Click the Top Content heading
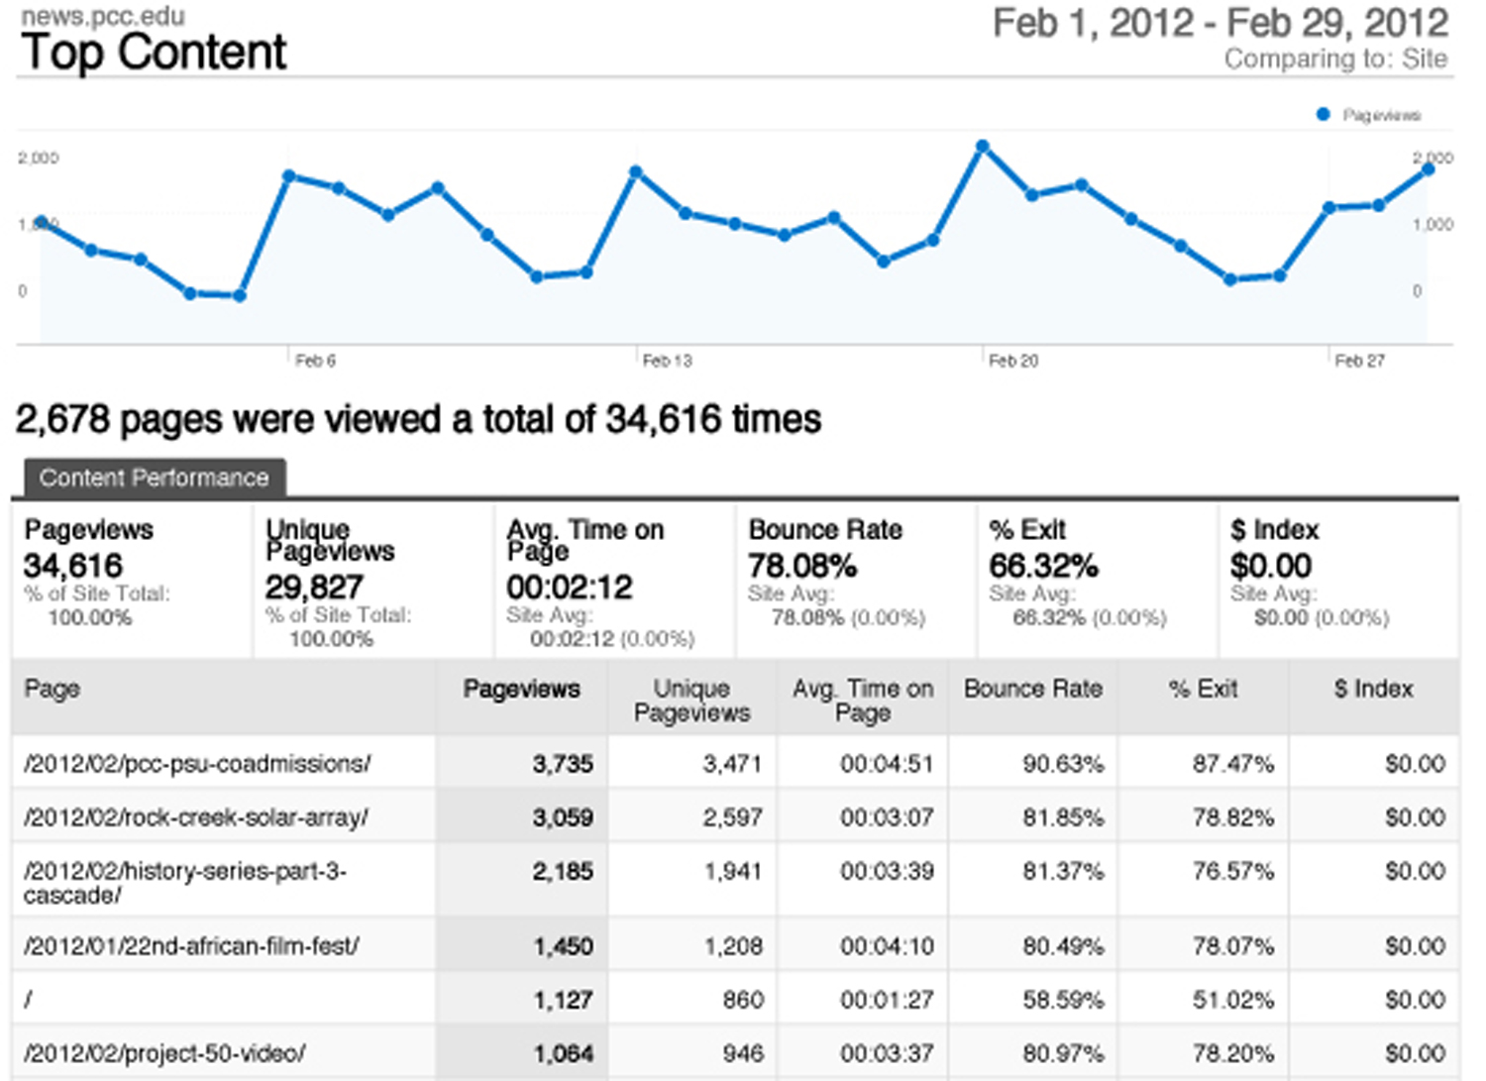pyautogui.click(x=154, y=53)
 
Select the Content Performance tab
pyautogui.click(x=154, y=478)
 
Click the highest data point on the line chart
pyautogui.click(x=983, y=147)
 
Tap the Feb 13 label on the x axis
pyautogui.click(x=667, y=361)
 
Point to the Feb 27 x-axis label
pyautogui.click(x=1359, y=361)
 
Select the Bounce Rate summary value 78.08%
pyautogui.click(x=802, y=566)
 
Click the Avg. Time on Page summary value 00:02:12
pyautogui.click(x=569, y=588)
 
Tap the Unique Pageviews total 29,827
pyautogui.click(x=314, y=588)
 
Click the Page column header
pyautogui.click(x=53, y=689)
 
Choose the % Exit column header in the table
pyautogui.click(x=1203, y=689)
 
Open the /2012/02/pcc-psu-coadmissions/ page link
pyautogui.click(x=197, y=764)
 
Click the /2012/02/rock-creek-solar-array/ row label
pyautogui.click(x=196, y=817)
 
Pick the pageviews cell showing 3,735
pyautogui.click(x=563, y=764)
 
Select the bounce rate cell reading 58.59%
pyautogui.click(x=1063, y=1000)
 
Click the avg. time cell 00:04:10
pyautogui.click(x=887, y=946)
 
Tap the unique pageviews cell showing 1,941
pyautogui.click(x=732, y=871)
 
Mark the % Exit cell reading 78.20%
pyautogui.click(x=1232, y=1053)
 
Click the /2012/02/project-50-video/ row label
pyautogui.click(x=164, y=1053)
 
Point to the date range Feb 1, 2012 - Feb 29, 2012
pyautogui.click(x=1221, y=24)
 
